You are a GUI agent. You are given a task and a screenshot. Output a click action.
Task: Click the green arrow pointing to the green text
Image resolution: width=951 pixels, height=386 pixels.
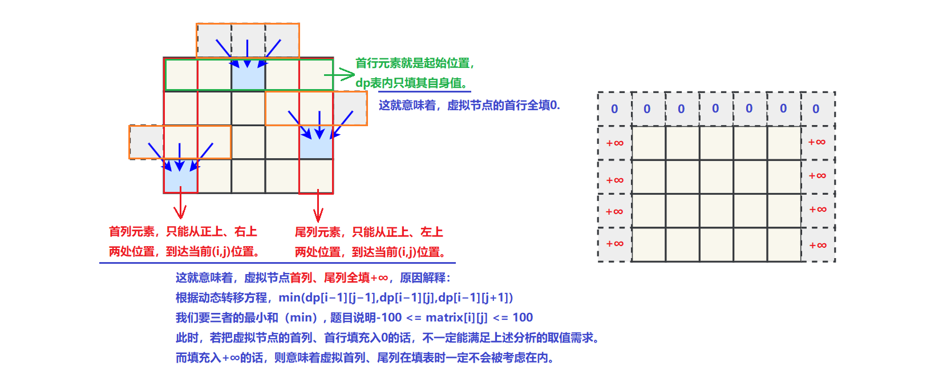coord(340,74)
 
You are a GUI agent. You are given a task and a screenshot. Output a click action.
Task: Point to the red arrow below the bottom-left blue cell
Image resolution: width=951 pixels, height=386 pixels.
coord(180,205)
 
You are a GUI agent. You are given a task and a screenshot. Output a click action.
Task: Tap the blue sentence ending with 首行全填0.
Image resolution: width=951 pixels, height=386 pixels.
coord(469,105)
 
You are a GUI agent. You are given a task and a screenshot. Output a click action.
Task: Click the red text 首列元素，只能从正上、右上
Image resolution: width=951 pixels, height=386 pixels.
coord(183,231)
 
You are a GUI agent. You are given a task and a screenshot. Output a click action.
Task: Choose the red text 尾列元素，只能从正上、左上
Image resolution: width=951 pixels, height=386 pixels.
coord(369,232)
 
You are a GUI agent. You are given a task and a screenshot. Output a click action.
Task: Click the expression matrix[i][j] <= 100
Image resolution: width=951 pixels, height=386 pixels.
coord(479,317)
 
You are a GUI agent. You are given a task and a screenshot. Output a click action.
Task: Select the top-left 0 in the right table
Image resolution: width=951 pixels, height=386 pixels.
coord(614,108)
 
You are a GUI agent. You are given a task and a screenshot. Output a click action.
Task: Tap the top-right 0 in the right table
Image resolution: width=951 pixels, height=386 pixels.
coord(816,108)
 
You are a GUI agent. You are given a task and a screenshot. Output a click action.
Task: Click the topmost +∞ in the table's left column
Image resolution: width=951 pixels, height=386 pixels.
coord(614,143)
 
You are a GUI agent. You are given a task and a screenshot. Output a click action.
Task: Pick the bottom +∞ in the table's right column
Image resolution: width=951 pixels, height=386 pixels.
coord(818,245)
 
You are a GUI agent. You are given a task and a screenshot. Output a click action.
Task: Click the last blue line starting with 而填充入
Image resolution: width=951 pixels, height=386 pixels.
coord(365,357)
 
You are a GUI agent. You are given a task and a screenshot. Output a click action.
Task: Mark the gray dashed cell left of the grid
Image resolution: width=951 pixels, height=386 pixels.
coord(146,142)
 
